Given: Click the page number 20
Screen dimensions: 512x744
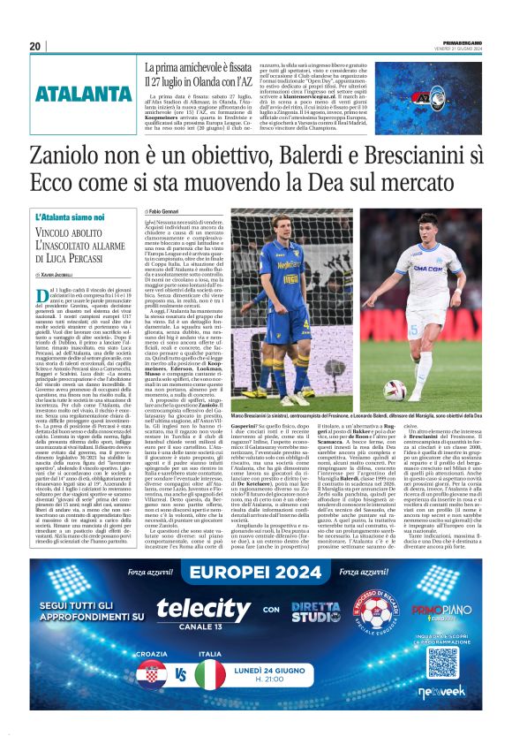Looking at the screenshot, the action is point(34,46).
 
